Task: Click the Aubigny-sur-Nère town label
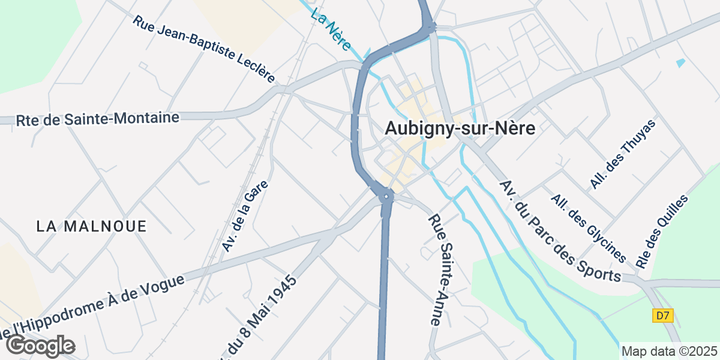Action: [x=460, y=128]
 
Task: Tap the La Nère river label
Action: [x=331, y=23]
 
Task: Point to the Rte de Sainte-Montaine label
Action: [x=98, y=119]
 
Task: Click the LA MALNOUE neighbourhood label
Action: [x=91, y=226]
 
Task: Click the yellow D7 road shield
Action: [x=662, y=316]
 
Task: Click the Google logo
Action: [x=40, y=346]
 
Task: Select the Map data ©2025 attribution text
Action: [x=668, y=351]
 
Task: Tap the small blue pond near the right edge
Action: [x=680, y=62]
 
